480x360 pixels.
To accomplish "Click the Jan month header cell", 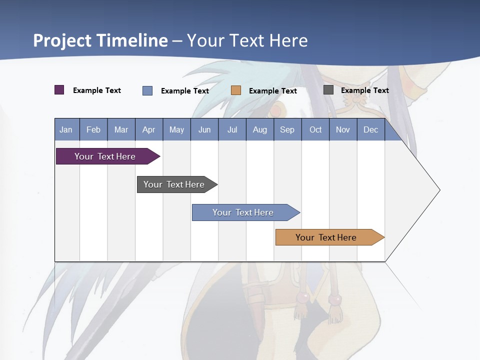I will (x=66, y=130).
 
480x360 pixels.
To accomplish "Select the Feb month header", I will (x=93, y=130).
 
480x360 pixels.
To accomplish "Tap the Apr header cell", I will (x=149, y=130).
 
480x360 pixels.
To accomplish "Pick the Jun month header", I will (x=204, y=130).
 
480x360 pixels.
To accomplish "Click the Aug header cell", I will (x=260, y=130).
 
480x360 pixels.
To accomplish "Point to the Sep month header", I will (x=287, y=130).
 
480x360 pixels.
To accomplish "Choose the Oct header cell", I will (x=315, y=130).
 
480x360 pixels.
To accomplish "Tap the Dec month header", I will (x=371, y=130).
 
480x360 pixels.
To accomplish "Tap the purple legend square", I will (x=59, y=90).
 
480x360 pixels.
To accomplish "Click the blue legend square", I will (x=147, y=90).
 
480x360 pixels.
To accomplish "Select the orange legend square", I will (x=236, y=90).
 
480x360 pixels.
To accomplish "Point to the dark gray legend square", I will (x=328, y=90).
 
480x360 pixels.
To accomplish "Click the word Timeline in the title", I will (x=132, y=40).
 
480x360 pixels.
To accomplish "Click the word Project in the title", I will (x=63, y=40).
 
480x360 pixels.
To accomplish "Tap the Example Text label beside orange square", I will (x=273, y=91).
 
